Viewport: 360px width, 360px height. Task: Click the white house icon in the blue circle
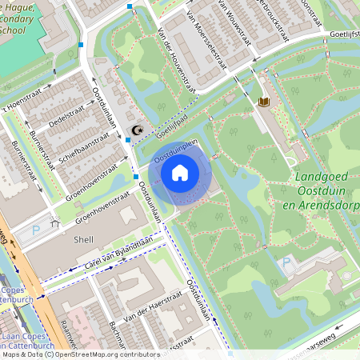coord(180,172)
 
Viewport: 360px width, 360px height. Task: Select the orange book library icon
coord(263,102)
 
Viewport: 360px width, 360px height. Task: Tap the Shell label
coord(82,239)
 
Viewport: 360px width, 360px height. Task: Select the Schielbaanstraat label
coord(83,149)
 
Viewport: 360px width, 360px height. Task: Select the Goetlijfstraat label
coord(345,35)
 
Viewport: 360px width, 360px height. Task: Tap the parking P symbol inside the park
coord(286,262)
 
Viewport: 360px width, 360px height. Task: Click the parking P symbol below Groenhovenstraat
coord(36,230)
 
